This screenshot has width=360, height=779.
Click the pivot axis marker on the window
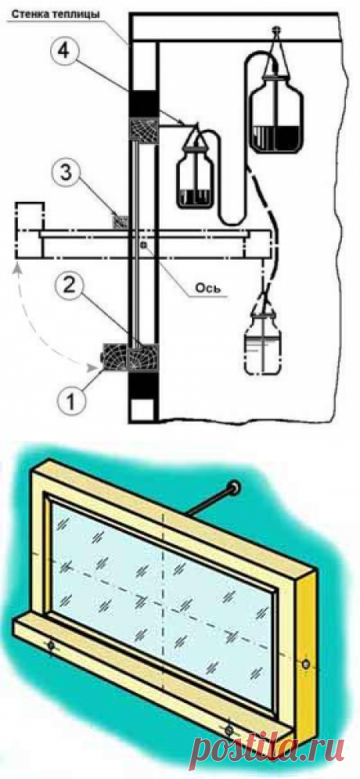(144, 245)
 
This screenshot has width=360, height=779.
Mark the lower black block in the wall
(143, 386)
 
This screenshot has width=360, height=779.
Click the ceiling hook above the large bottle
(276, 31)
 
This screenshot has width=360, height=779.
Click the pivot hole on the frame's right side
(305, 662)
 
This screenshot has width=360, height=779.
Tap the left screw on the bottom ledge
(51, 646)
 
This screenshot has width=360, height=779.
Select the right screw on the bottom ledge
(229, 731)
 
